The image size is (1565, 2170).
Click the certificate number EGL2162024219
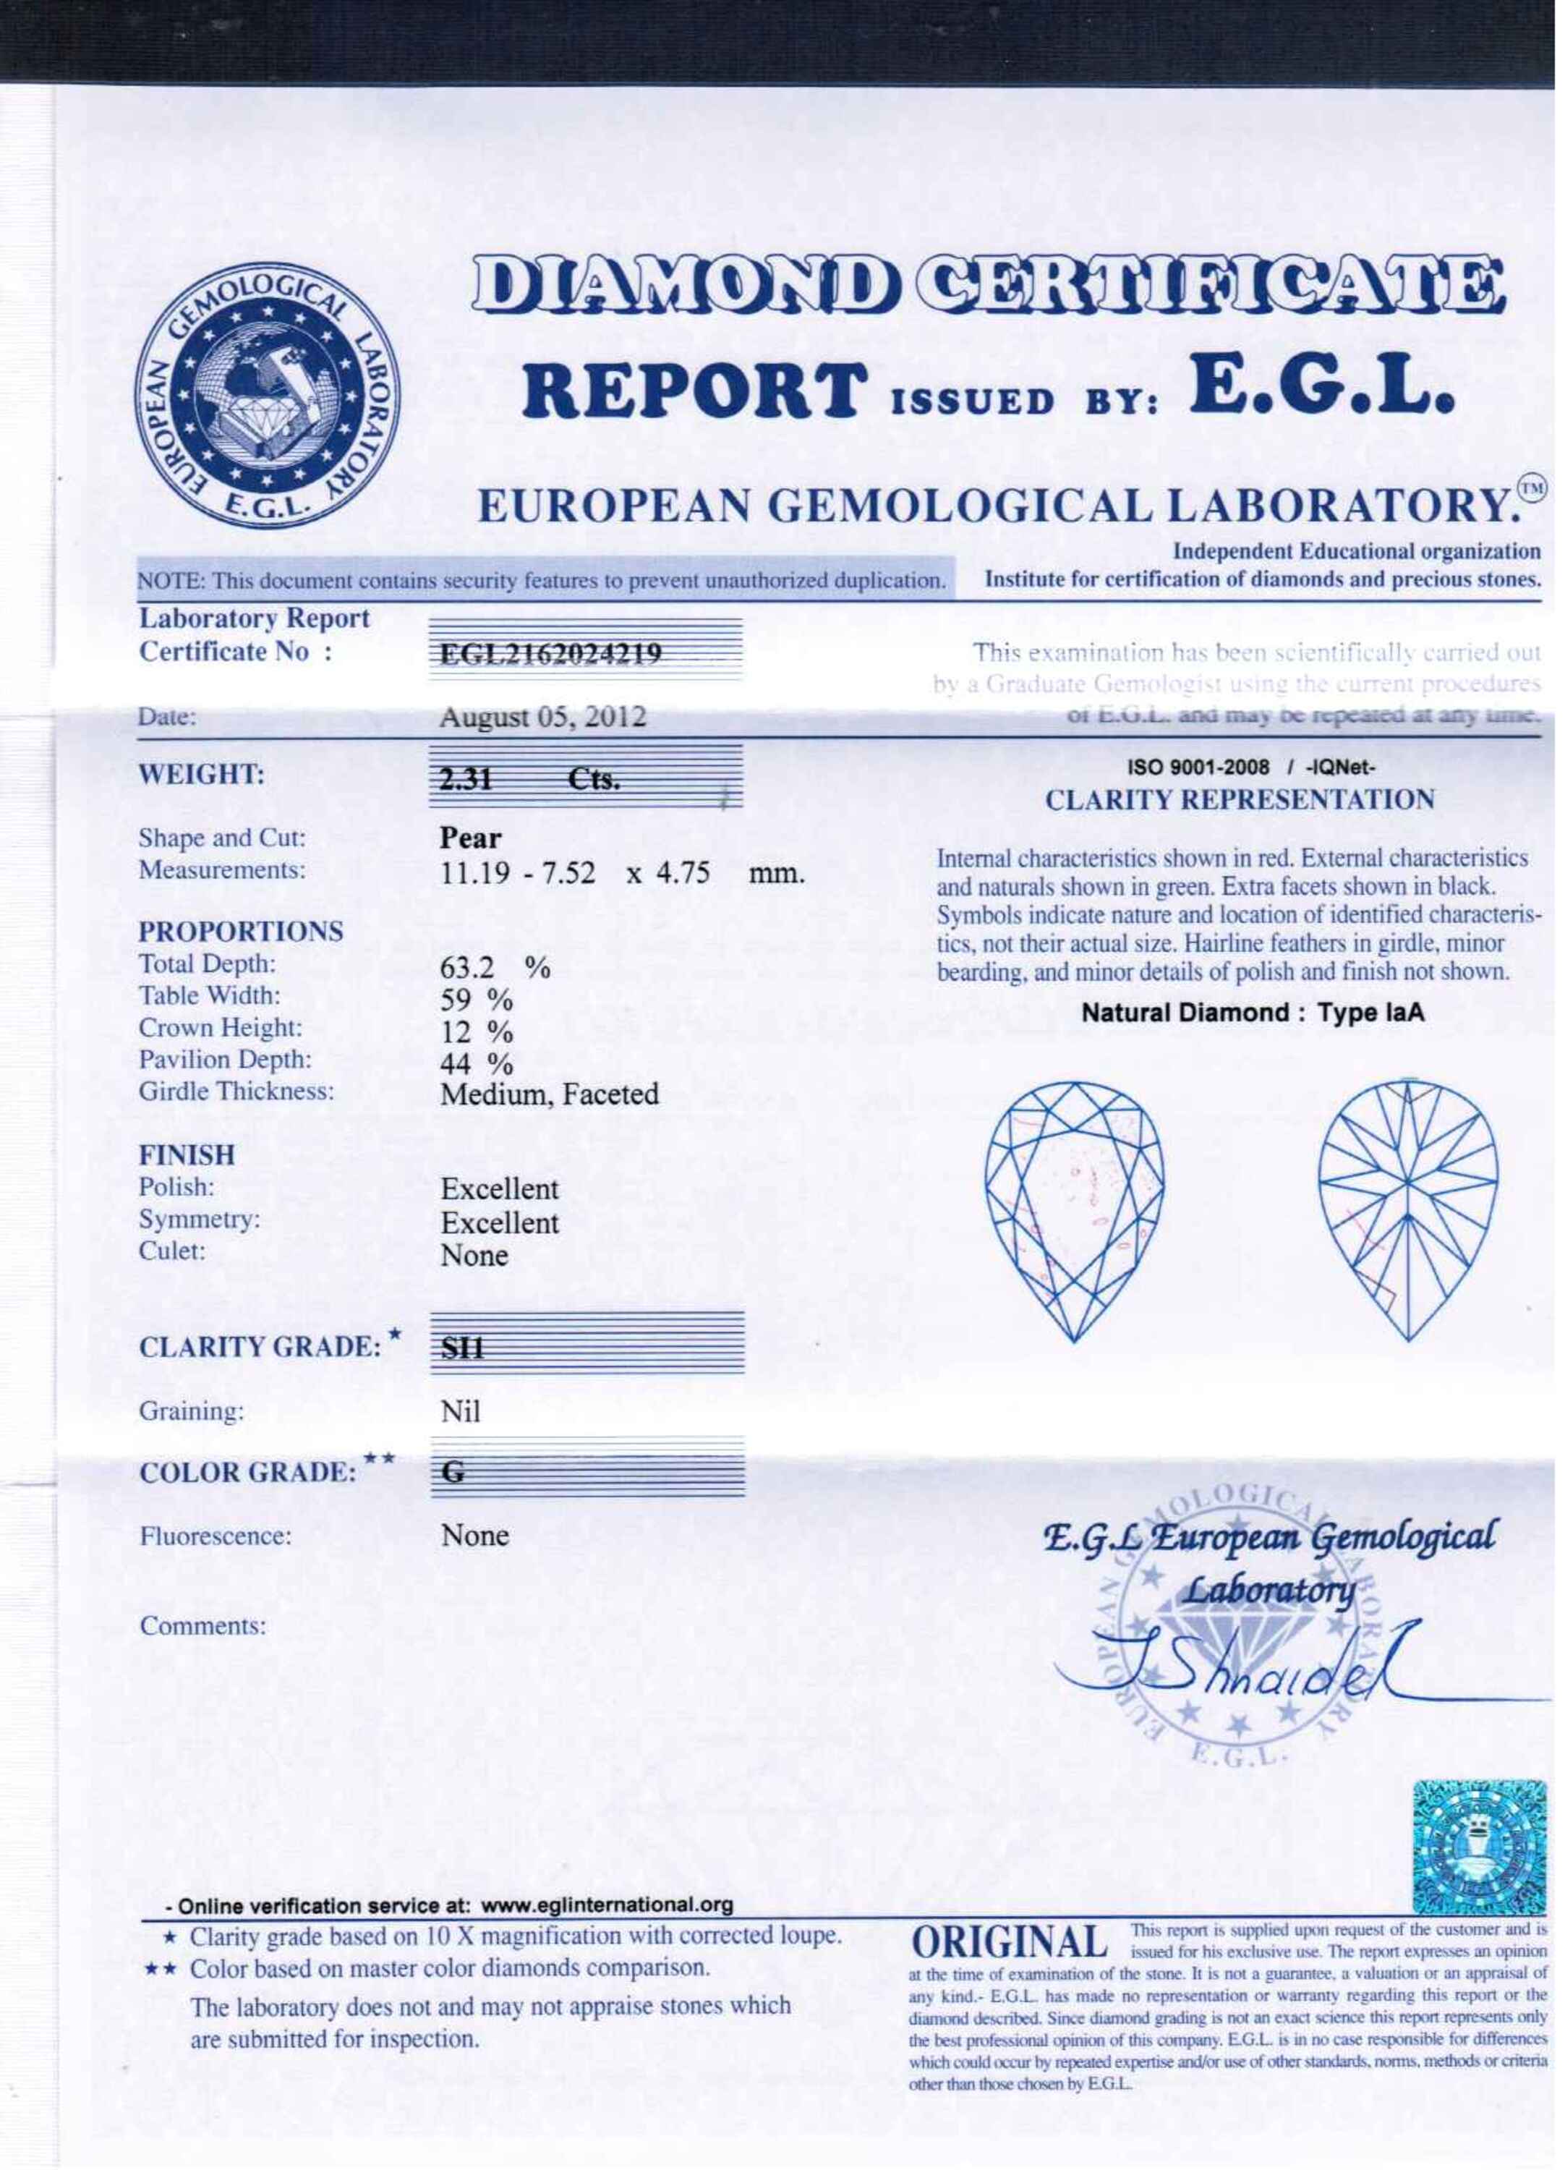[x=551, y=655]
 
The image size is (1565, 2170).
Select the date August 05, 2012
[x=542, y=717]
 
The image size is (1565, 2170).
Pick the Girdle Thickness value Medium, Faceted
[x=549, y=1094]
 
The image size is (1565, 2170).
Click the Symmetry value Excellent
[x=499, y=1222]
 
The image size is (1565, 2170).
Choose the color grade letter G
[x=456, y=1473]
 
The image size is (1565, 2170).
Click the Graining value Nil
[x=460, y=1411]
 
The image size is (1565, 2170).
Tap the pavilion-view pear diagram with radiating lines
[x=1408, y=1210]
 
